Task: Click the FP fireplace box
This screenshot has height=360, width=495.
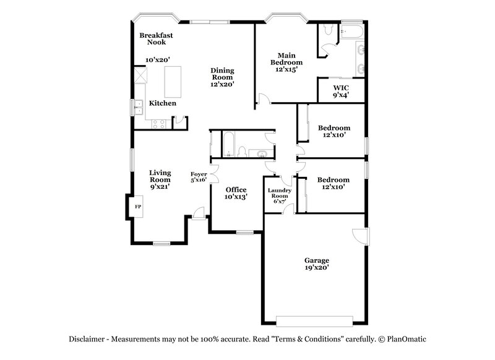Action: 138,206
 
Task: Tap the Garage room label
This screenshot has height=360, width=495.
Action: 316,260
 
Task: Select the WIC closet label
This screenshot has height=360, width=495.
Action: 341,88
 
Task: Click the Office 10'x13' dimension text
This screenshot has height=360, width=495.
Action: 236,197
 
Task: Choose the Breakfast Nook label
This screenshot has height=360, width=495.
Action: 155,40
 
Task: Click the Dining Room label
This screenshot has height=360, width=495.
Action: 223,75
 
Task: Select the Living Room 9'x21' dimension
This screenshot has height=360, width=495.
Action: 160,186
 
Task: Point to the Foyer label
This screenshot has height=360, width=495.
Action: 198,174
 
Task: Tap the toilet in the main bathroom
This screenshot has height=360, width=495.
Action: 328,30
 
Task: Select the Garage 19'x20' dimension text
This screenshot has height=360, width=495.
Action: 316,268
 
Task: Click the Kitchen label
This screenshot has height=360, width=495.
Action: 163,103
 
